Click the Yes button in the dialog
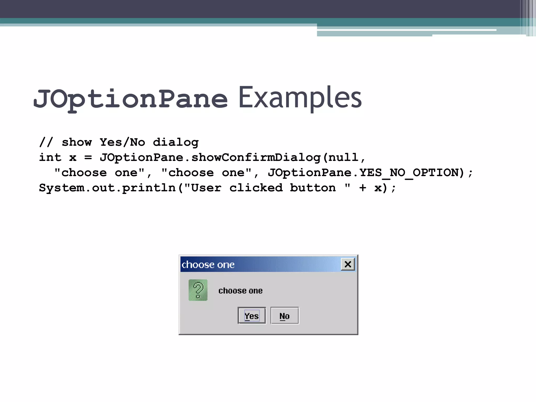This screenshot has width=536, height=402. (x=252, y=316)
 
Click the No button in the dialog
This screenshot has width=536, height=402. (x=284, y=316)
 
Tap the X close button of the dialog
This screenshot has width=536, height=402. (x=348, y=264)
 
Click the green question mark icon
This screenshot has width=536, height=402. (x=198, y=290)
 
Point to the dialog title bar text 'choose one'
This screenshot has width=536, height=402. (x=208, y=265)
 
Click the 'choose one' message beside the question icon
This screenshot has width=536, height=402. (x=240, y=291)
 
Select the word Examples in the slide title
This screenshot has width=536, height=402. (x=300, y=98)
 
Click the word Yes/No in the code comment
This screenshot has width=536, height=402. (x=122, y=142)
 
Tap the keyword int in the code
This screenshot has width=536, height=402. (x=50, y=158)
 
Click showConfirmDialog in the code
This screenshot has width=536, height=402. (x=256, y=158)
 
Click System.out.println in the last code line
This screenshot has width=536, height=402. (x=107, y=188)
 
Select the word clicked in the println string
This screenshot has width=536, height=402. (x=256, y=188)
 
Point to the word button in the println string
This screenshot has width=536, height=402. (x=313, y=188)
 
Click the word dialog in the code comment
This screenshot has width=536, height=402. (x=176, y=142)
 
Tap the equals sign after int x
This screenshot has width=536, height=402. (x=88, y=158)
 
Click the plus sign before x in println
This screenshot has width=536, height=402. (x=363, y=188)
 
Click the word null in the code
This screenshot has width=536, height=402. (x=343, y=158)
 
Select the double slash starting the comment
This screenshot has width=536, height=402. (x=46, y=142)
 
